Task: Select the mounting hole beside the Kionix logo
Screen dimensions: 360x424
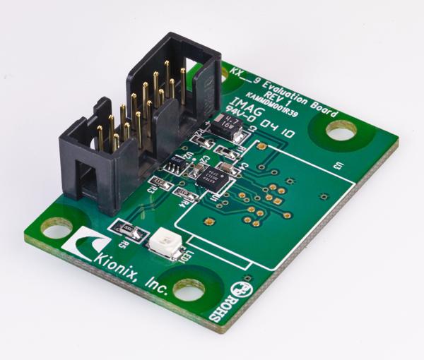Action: (57, 229)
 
